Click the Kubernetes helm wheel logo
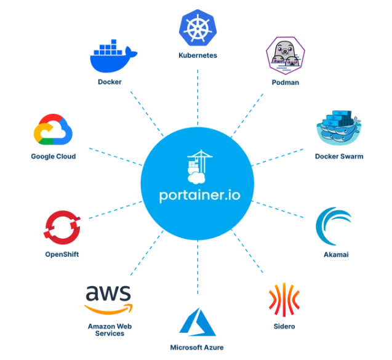(x=198, y=28)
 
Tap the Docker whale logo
(x=113, y=56)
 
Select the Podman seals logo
(x=286, y=55)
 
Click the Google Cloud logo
(x=53, y=129)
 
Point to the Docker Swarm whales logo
(x=338, y=128)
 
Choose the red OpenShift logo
(x=62, y=227)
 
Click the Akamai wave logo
(x=334, y=226)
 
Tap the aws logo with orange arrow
(x=108, y=300)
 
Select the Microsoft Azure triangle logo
(x=198, y=322)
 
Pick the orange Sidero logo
(x=284, y=300)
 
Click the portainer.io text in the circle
(x=199, y=195)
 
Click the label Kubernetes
(x=198, y=55)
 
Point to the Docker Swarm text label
(x=339, y=156)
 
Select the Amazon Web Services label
(x=110, y=330)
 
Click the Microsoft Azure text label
(x=197, y=347)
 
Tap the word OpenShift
(x=62, y=254)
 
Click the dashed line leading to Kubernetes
(x=198, y=97)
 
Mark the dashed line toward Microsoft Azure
(x=198, y=267)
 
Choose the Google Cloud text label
(x=54, y=156)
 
